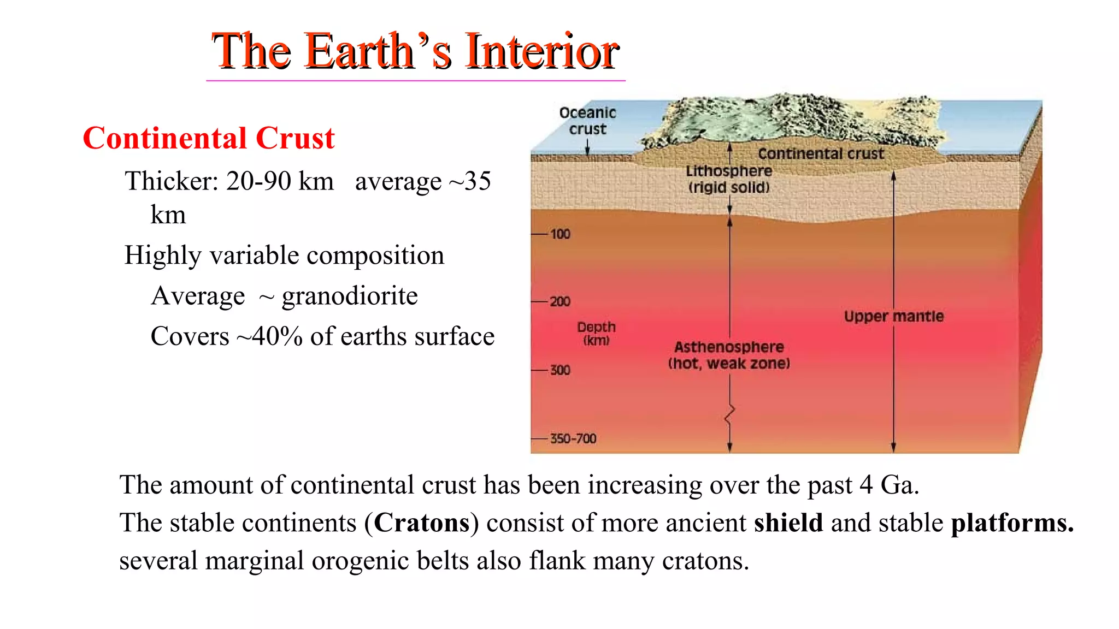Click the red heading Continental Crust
coord(208,138)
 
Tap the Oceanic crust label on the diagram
coord(587,121)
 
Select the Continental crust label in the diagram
coord(820,154)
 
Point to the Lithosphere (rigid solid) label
coord(729,179)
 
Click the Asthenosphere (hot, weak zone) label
coord(729,355)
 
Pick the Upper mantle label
coord(893,316)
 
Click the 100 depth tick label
coord(560,234)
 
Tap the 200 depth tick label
coord(560,301)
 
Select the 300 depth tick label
coord(560,370)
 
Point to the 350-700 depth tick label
coord(573,438)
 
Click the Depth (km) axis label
coord(596,333)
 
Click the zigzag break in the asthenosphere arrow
coord(729,414)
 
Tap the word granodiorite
coord(350,296)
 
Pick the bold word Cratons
coord(421,523)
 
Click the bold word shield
coord(788,523)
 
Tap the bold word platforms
coord(1012,523)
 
